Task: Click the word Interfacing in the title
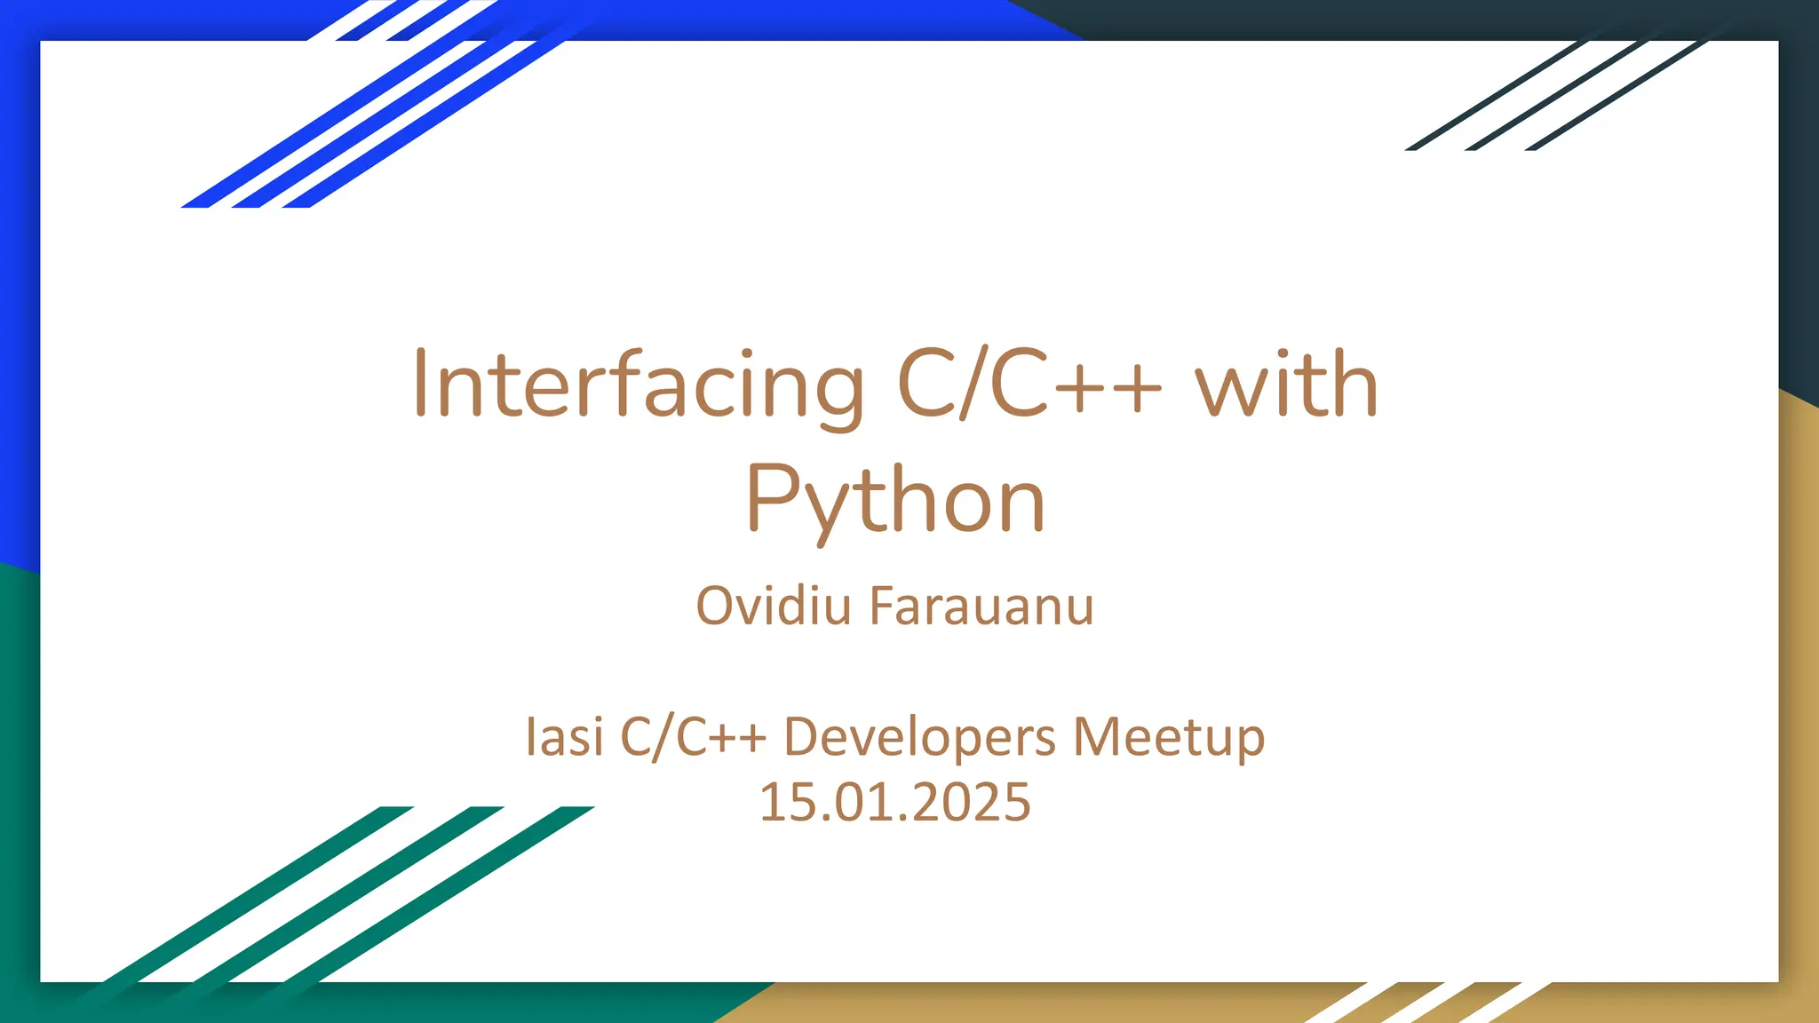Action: tap(638, 385)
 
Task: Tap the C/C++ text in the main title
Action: tap(1029, 385)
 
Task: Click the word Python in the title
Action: tap(895, 502)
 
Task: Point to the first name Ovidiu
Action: tap(773, 607)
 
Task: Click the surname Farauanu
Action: tap(981, 607)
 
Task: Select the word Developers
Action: tap(919, 737)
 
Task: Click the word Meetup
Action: tap(1169, 737)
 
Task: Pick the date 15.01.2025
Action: tap(895, 802)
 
